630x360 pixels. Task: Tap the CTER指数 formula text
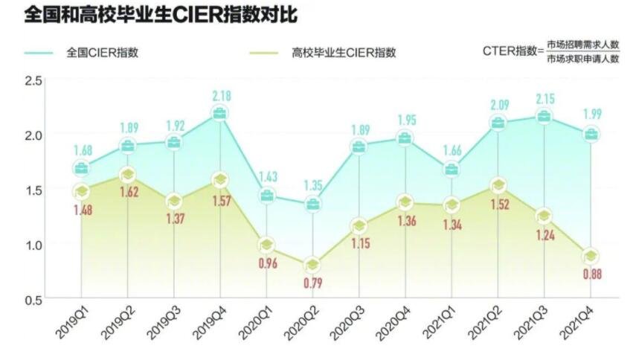(x=551, y=51)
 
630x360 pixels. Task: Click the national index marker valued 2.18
(x=220, y=114)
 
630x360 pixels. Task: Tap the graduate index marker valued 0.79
(x=313, y=265)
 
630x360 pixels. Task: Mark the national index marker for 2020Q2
(x=313, y=204)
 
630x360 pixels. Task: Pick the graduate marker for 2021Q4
(x=591, y=256)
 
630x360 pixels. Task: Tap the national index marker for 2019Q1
(x=82, y=168)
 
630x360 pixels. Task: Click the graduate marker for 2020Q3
(x=359, y=226)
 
